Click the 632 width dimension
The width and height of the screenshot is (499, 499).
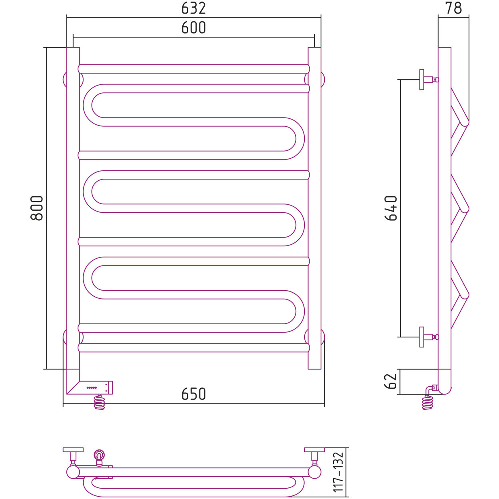pos(194,8)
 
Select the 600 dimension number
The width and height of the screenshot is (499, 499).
pos(194,28)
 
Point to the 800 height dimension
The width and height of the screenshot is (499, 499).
pos(37,208)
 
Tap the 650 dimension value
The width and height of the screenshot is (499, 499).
pos(194,394)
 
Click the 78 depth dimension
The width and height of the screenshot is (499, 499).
pos(453,8)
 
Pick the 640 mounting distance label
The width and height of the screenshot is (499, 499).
pos(391,208)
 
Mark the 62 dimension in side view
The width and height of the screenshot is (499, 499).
pos(391,381)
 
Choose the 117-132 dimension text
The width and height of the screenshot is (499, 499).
pos(338,472)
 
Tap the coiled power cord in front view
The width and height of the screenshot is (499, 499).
pos(99,402)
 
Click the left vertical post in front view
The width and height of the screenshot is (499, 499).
pos(73,208)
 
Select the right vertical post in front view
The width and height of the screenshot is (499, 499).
pos(314,208)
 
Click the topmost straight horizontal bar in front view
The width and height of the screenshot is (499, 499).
pos(194,69)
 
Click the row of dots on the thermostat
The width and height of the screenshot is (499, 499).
pos(92,387)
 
